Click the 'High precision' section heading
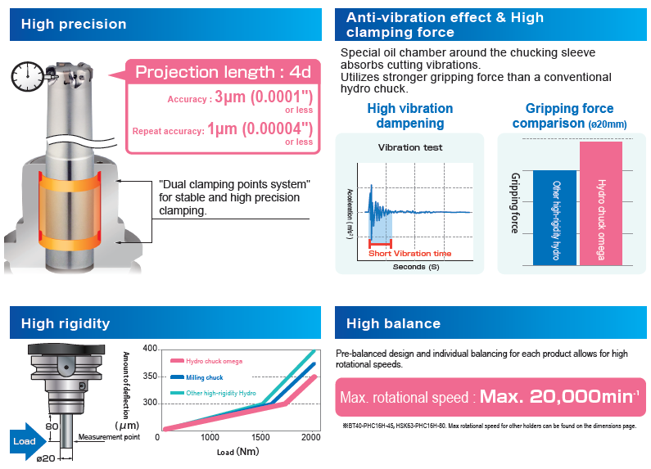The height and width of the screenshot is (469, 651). [x=74, y=24]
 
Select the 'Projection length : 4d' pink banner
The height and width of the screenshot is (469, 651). [x=223, y=72]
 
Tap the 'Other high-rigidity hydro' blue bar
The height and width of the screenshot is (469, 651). [x=554, y=217]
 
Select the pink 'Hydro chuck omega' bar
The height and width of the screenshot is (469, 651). [x=601, y=203]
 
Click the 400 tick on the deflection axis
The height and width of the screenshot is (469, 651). [x=149, y=349]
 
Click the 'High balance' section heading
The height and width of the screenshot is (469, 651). [x=393, y=323]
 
